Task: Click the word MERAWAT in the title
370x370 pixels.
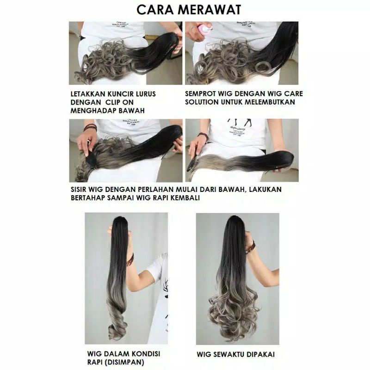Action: tap(210, 10)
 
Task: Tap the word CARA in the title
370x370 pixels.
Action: tap(155, 10)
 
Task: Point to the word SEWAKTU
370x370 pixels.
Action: tap(229, 354)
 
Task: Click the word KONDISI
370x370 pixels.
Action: tap(146, 353)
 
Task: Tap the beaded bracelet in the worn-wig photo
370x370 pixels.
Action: tap(251, 247)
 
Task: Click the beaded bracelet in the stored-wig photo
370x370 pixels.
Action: tap(130, 259)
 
